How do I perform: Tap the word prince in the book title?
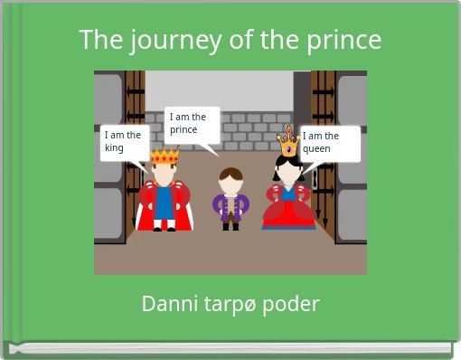click(341, 41)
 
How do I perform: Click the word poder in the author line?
click(291, 304)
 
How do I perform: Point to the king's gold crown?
click(165, 156)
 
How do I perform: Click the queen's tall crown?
click(288, 142)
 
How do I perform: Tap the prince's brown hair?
click(230, 174)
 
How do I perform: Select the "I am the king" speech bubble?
click(123, 142)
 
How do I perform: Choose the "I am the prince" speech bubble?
click(191, 124)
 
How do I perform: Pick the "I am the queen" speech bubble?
click(329, 143)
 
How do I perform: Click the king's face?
click(165, 173)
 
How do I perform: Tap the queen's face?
click(288, 169)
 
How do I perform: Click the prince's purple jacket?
click(230, 206)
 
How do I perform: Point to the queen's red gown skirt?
click(288, 214)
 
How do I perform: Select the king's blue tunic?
click(165, 203)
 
